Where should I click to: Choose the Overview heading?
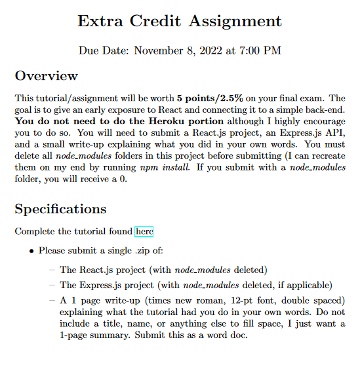tap(46, 76)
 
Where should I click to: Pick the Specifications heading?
tap(60, 209)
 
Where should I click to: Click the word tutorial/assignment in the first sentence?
tap(73, 98)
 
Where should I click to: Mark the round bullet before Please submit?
tap(31, 251)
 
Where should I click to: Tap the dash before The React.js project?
tap(52, 270)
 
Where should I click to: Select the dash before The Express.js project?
tap(52, 285)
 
